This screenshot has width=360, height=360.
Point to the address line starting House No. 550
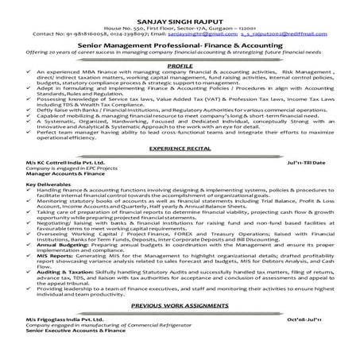(179, 18)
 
